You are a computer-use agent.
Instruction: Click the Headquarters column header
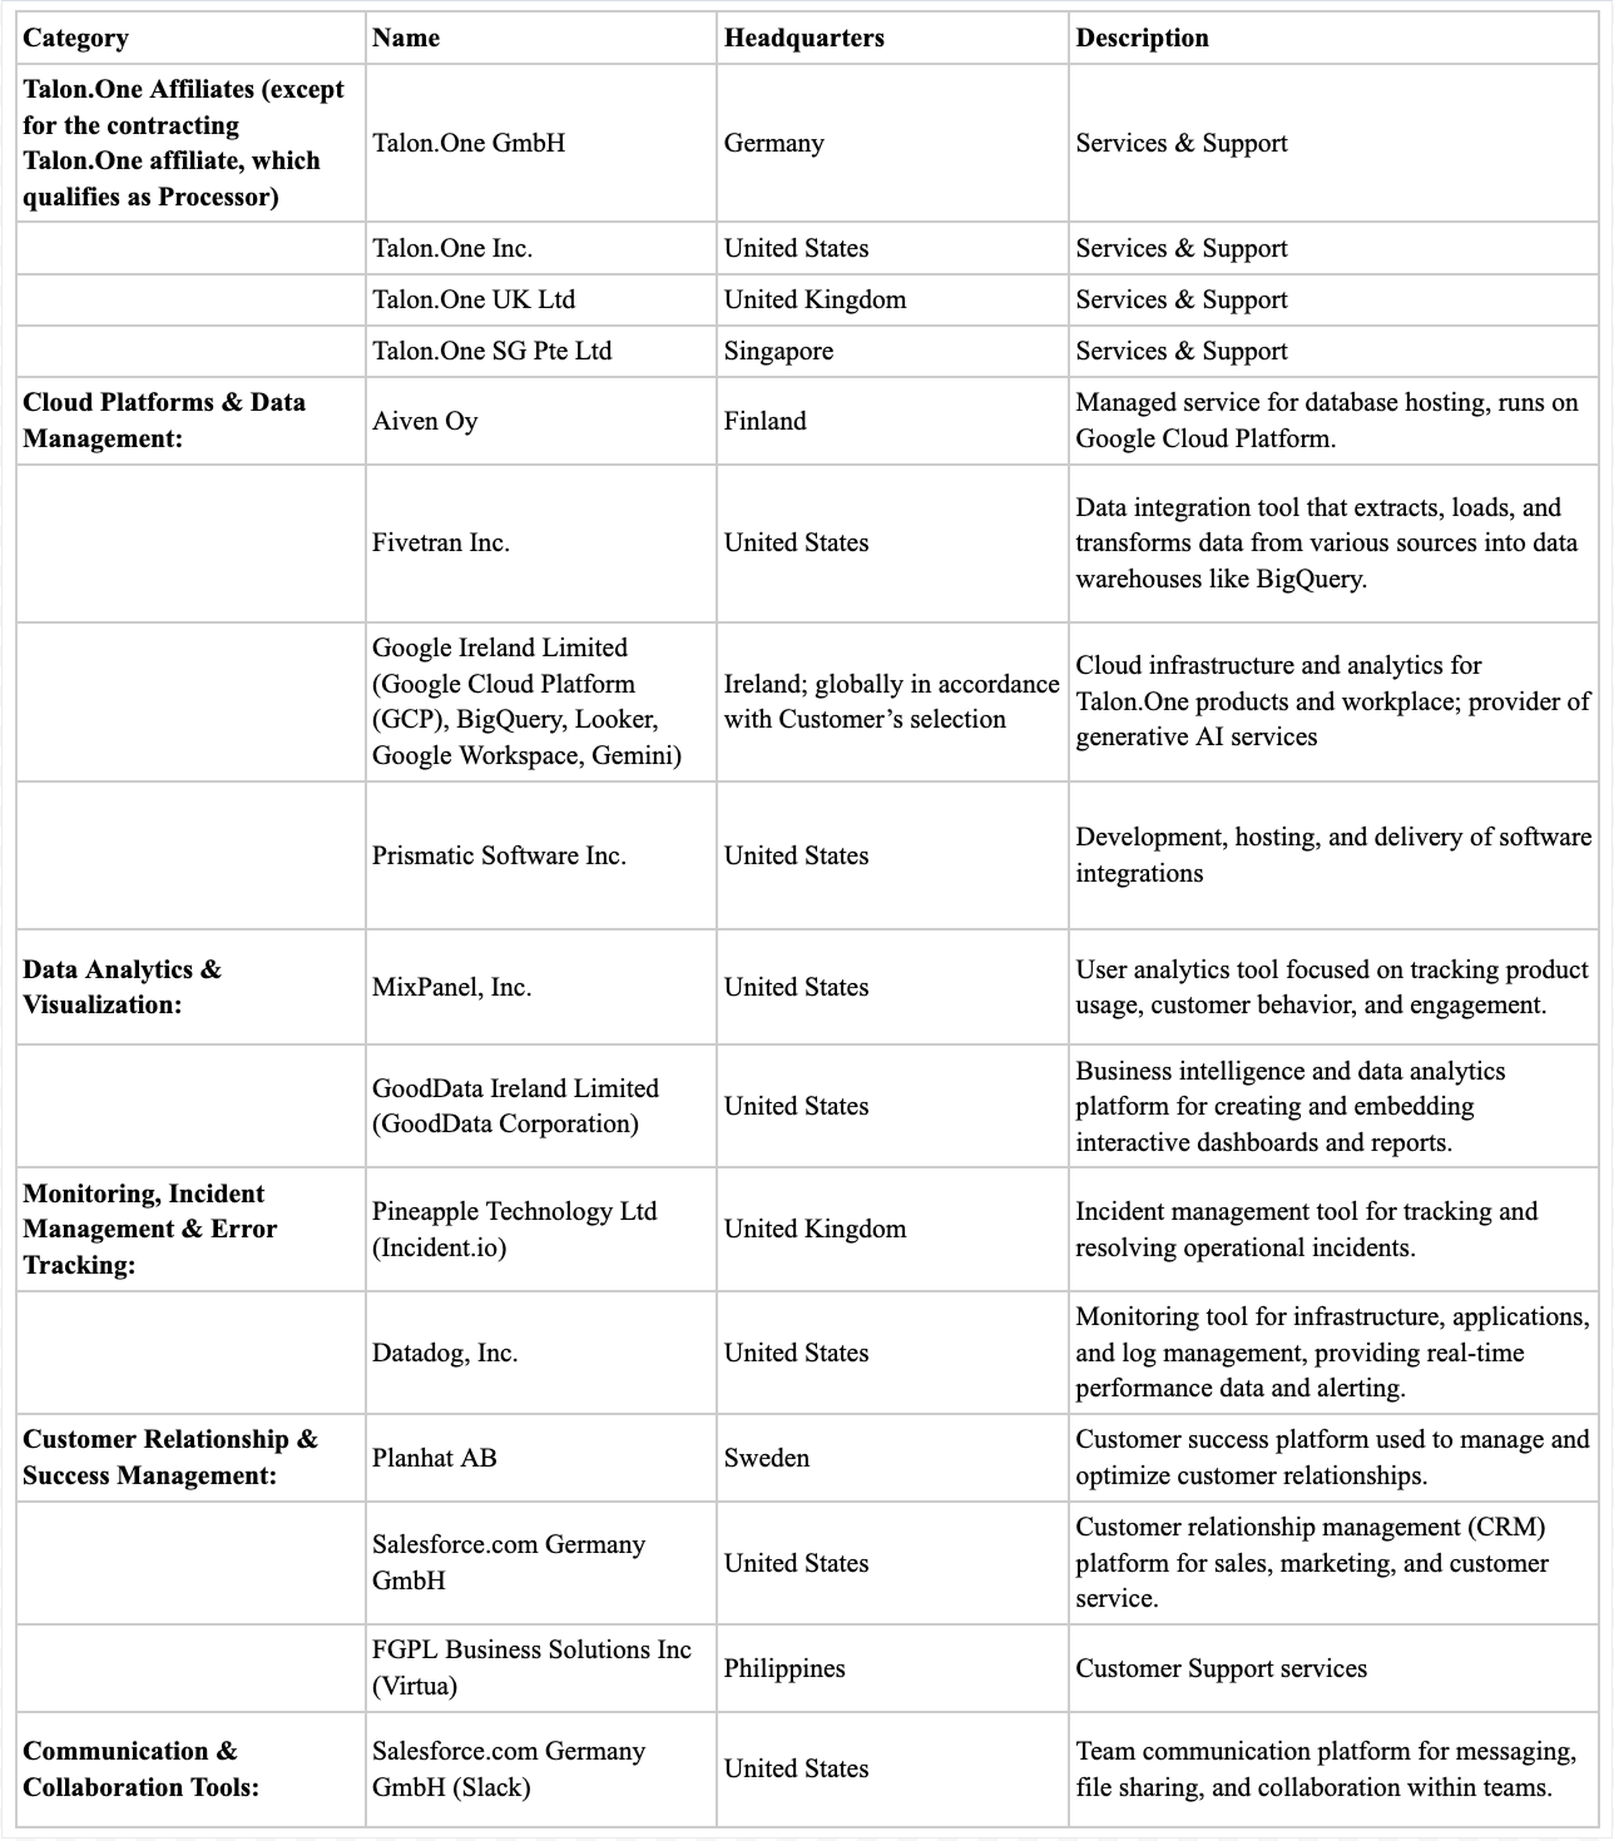click(x=803, y=38)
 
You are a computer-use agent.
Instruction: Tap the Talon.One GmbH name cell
click(x=468, y=143)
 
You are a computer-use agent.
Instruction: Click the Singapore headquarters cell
click(x=778, y=351)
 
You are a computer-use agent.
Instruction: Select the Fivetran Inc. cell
click(x=440, y=543)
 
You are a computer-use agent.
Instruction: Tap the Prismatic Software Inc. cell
click(x=499, y=855)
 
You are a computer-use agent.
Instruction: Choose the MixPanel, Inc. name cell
click(x=451, y=987)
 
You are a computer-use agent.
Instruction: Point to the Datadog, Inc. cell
click(x=445, y=1353)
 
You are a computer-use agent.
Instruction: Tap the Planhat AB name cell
click(x=434, y=1458)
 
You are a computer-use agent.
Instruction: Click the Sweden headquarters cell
click(x=767, y=1458)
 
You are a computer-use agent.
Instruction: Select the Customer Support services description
click(x=1221, y=1668)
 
